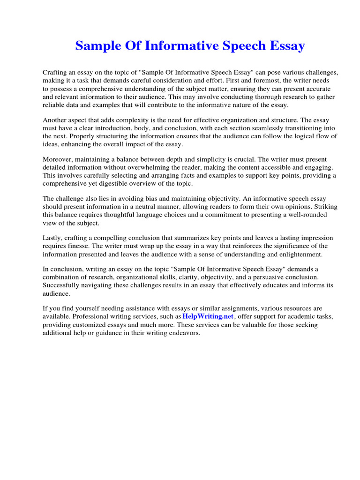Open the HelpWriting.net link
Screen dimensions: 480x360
click(208, 316)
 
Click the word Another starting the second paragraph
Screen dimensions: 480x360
click(55, 120)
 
